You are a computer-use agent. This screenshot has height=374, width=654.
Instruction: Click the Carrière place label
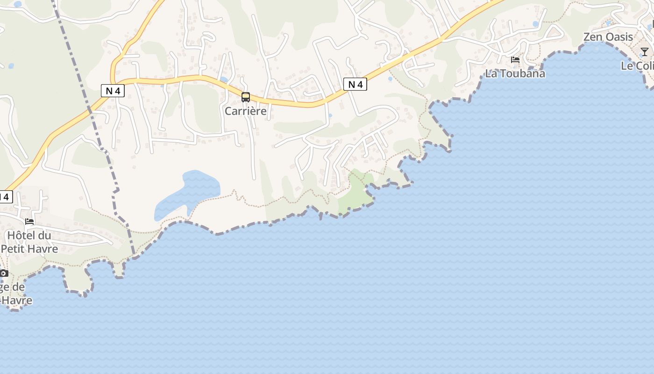tap(245, 111)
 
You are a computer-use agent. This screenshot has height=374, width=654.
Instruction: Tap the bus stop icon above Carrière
tap(246, 97)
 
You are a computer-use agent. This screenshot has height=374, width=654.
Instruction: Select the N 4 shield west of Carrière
tap(113, 91)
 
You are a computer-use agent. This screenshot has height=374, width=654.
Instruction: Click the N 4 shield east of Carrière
tap(355, 84)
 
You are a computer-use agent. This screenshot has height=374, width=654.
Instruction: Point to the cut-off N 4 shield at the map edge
tap(5, 197)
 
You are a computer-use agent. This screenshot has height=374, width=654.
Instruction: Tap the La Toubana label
tap(515, 73)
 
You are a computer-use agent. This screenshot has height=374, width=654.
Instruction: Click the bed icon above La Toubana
tap(515, 60)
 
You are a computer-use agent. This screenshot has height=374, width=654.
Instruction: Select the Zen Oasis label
tap(608, 37)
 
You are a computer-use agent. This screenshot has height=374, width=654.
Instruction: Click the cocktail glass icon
tap(645, 51)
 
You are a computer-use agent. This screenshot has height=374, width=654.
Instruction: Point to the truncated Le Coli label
tap(637, 66)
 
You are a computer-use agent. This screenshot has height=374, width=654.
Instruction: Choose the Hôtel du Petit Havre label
tap(29, 242)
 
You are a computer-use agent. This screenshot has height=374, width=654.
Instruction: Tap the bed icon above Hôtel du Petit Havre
tap(29, 221)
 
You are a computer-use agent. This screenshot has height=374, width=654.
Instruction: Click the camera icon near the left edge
tap(4, 273)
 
